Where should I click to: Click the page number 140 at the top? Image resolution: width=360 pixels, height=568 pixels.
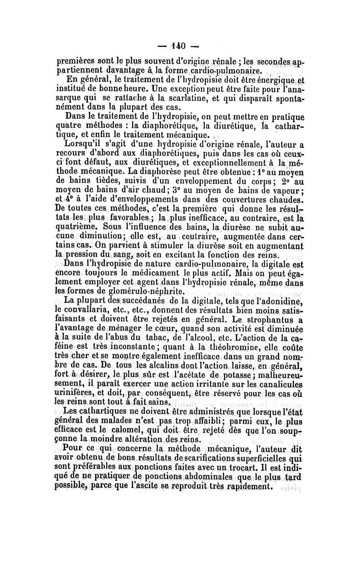point(180,46)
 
